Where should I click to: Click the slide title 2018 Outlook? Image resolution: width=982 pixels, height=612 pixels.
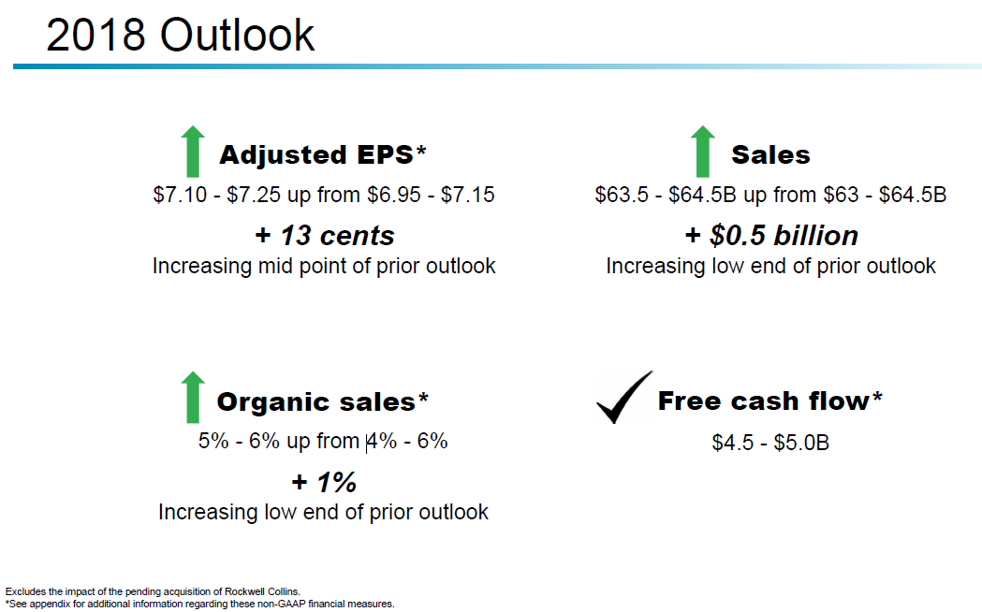pyautogui.click(x=181, y=35)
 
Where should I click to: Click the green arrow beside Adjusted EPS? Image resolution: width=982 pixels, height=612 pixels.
pyautogui.click(x=193, y=152)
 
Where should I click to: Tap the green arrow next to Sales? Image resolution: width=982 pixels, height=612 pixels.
pyautogui.click(x=703, y=152)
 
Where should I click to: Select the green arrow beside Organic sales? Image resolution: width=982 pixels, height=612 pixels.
pyautogui.click(x=193, y=398)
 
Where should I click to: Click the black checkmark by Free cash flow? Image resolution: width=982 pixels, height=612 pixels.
pyautogui.click(x=624, y=398)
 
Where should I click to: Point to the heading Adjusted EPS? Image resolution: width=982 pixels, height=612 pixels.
pyautogui.click(x=323, y=154)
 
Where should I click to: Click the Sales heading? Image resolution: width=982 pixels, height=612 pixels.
pyautogui.click(x=770, y=154)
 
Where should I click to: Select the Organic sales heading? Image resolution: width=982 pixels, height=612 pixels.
pyautogui.click(x=323, y=401)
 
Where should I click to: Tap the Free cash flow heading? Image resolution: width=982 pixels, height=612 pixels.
pyautogui.click(x=769, y=401)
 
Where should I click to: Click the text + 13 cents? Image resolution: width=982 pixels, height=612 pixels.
pyautogui.click(x=325, y=236)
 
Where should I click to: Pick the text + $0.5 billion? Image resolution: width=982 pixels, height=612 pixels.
pyautogui.click(x=771, y=236)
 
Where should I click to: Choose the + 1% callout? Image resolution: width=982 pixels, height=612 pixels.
pyautogui.click(x=324, y=483)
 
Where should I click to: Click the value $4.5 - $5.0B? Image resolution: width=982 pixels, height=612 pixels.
pyautogui.click(x=770, y=443)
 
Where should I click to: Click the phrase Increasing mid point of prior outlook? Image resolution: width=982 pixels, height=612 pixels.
pyautogui.click(x=324, y=266)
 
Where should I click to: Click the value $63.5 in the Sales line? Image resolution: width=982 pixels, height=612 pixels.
pyautogui.click(x=622, y=195)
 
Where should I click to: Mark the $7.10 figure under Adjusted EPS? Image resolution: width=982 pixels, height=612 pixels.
pyautogui.click(x=180, y=195)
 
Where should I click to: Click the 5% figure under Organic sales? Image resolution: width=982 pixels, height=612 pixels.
pyautogui.click(x=213, y=441)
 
